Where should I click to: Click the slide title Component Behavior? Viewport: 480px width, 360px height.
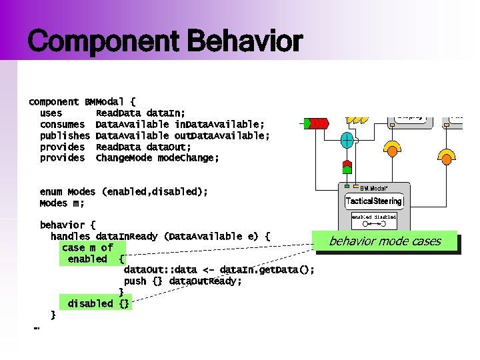[165, 42]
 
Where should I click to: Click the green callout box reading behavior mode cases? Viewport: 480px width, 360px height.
[385, 241]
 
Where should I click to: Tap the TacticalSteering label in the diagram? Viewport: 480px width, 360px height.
[373, 201]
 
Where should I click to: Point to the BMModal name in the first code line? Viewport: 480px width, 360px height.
[104, 102]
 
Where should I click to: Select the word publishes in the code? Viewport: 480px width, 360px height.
[65, 136]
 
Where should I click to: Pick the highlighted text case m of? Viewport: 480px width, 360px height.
[87, 248]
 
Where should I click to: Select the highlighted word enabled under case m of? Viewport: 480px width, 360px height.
[87, 259]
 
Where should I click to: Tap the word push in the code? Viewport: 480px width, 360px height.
[135, 281]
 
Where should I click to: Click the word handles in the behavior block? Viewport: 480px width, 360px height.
[71, 237]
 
